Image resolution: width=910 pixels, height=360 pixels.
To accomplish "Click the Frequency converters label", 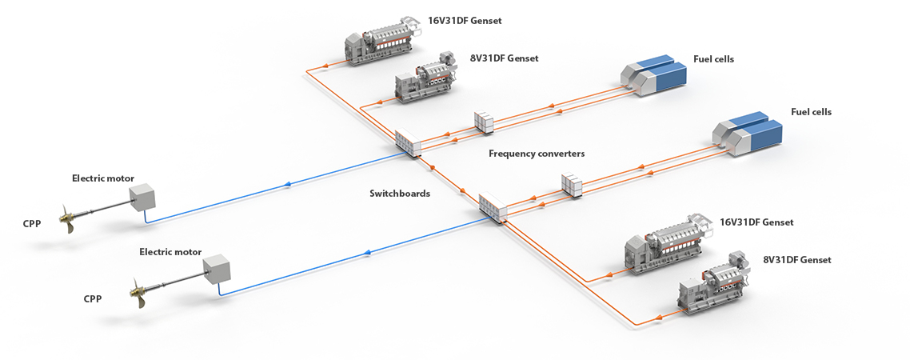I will pos(537,153).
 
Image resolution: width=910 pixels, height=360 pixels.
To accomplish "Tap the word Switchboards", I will pos(400,193).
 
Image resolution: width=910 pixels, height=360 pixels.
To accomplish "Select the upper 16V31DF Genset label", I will pos(465,21).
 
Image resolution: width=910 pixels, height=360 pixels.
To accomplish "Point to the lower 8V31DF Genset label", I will pos(797,260).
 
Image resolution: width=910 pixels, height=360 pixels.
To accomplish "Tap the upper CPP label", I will pos(32,223).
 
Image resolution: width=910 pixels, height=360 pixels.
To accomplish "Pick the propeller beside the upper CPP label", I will pos(69,218).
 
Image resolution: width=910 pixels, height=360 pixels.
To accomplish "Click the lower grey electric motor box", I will pos(216,270).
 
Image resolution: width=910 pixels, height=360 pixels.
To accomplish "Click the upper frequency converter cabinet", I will pos(485,122).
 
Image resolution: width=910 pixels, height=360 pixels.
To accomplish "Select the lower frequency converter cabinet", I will pos(573,185).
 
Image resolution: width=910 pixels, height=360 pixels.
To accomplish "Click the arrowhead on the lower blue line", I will pos(367,253).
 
